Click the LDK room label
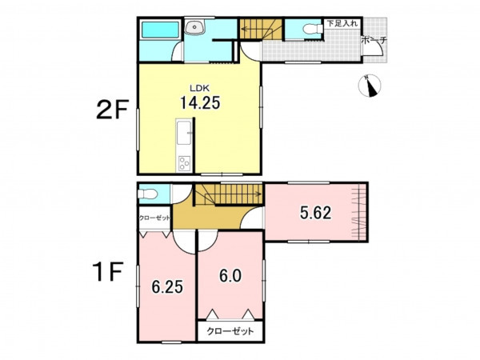pos(199,88)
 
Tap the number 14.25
pos(200,103)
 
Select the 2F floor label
pos(111,110)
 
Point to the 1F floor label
pos(108,272)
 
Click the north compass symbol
pos(370,86)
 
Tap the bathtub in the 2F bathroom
pos(160,30)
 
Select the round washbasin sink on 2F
pos(194,27)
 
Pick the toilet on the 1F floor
pos(147,194)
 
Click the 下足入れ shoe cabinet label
pos(342,23)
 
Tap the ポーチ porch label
pos(374,40)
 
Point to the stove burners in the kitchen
pos(185,163)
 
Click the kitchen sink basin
pos(184,132)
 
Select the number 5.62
pos(315,213)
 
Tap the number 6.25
pos(167,287)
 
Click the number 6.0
pos(230,275)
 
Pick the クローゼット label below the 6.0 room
pos(230,331)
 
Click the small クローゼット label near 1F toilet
pos(154,218)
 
